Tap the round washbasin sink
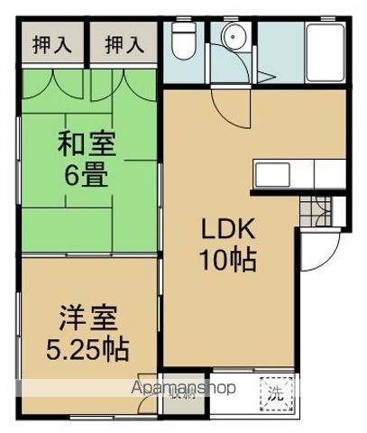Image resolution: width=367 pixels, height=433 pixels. click(x=235, y=39)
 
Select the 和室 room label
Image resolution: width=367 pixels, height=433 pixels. click(x=87, y=143)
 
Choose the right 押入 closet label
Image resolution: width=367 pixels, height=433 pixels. click(x=124, y=42)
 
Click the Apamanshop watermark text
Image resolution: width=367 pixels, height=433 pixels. click(x=184, y=388)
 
